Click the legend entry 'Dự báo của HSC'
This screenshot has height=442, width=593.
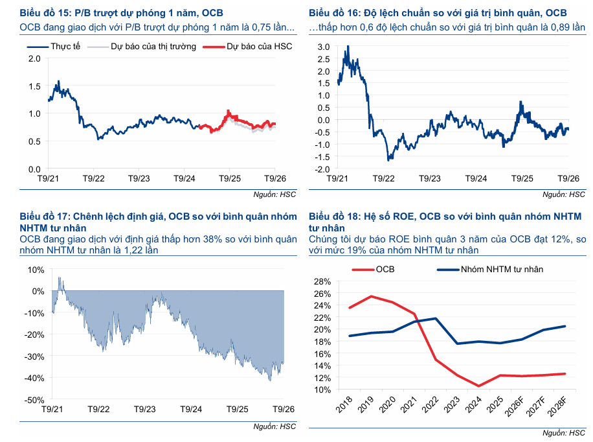coord(248,47)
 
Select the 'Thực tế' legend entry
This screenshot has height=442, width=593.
coord(54,47)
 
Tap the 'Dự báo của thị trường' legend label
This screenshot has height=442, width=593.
coord(142,47)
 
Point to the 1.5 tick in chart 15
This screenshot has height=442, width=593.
coord(34,86)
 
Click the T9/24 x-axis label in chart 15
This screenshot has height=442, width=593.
coord(184,178)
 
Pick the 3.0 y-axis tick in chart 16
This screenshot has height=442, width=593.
coord(324,47)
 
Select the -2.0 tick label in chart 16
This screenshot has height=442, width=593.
coord(322,169)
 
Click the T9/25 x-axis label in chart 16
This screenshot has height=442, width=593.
coord(522,178)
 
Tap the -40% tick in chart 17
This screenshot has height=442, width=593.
coord(34,378)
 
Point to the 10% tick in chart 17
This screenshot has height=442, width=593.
coord(36,270)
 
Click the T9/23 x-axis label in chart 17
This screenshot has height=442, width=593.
coord(145,409)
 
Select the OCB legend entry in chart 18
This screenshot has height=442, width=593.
coord(374,270)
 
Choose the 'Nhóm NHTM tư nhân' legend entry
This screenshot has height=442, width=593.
coord(490,270)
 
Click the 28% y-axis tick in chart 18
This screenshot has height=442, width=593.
coord(322,281)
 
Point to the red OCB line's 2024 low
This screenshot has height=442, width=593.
coord(479,386)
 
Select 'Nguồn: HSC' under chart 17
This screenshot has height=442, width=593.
coord(274,426)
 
